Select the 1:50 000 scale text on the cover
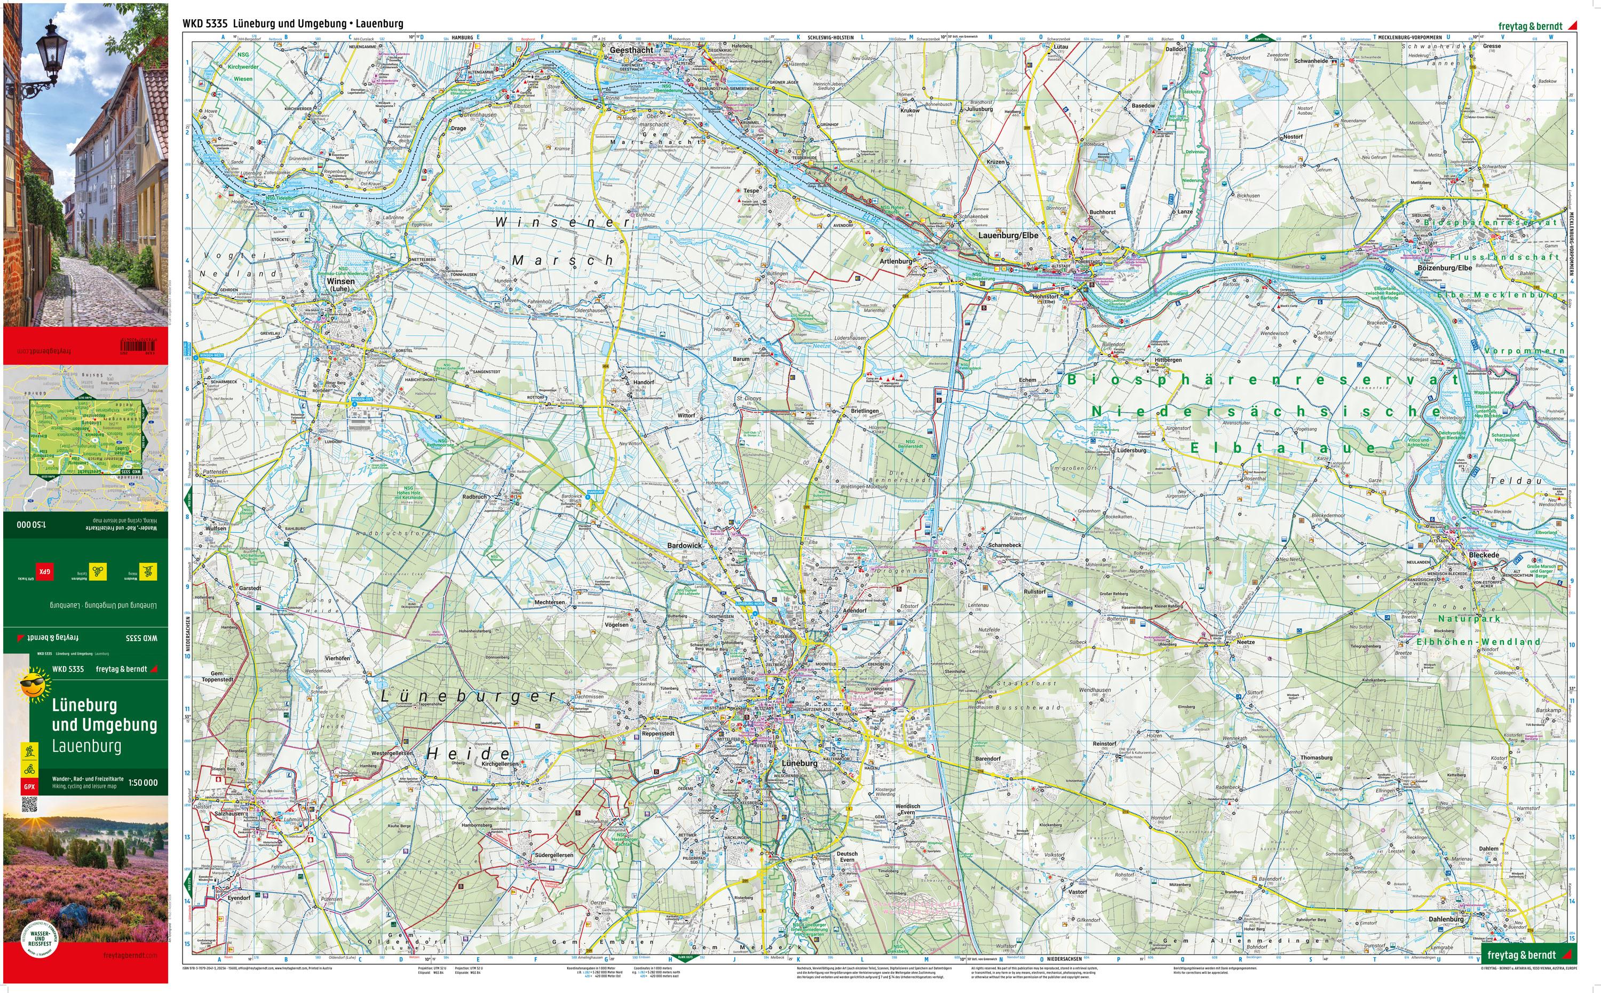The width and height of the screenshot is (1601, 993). [x=142, y=783]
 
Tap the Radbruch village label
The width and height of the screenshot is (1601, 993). [x=474, y=497]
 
